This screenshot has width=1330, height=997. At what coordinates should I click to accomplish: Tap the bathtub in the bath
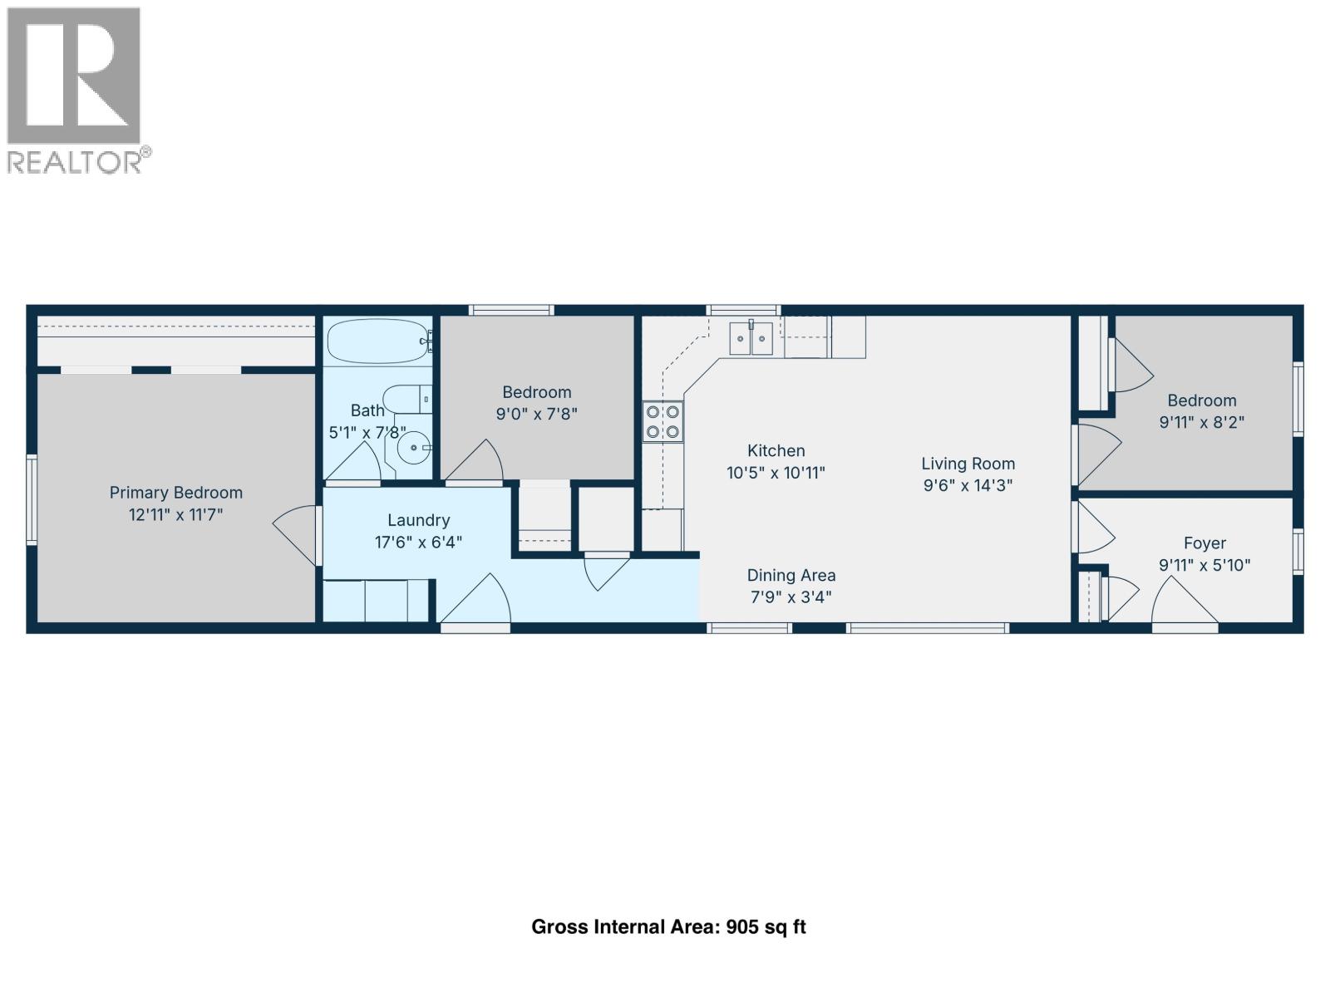(377, 341)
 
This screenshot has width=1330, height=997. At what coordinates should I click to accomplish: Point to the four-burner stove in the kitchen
(663, 421)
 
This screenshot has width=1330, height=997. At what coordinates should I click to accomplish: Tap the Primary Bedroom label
(175, 493)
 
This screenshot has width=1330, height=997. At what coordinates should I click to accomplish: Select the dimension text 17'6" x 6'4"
(418, 543)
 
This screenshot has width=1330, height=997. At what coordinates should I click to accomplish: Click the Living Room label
(968, 464)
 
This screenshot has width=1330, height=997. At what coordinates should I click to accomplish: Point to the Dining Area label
(791, 575)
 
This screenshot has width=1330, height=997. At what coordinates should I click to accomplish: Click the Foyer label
(1204, 543)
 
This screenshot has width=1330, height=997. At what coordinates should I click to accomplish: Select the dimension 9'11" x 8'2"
(1201, 422)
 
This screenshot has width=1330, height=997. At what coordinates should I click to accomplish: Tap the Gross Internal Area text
(668, 927)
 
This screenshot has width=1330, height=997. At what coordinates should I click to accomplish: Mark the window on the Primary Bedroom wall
(32, 499)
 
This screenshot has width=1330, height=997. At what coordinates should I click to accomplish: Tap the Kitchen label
(776, 451)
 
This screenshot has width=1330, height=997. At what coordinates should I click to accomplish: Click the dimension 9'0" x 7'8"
(536, 414)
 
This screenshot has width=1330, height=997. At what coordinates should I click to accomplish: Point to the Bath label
(367, 410)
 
